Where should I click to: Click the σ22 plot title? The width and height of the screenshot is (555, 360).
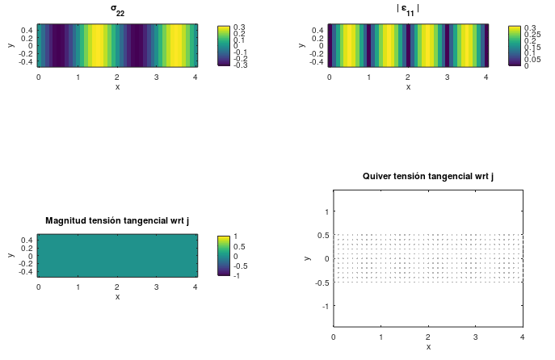pos(117,10)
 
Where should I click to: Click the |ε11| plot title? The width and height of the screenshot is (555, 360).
pos(408,10)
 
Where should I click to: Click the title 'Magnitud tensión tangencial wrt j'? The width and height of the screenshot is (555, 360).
pos(117,220)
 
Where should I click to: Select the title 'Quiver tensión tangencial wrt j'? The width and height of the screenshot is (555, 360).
pos(428,176)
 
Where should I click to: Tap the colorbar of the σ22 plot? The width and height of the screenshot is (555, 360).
pos(224,46)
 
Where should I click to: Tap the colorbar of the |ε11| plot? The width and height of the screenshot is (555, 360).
pos(515,46)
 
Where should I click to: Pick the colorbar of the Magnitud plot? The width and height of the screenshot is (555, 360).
pos(224,256)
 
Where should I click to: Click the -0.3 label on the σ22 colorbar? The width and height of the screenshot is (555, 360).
pos(240,65)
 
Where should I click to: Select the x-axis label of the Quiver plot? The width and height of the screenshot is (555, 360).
pos(428,346)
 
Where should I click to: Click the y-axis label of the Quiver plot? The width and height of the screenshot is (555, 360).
pos(308,257)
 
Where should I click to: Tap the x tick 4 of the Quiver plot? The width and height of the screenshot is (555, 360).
pos(522,335)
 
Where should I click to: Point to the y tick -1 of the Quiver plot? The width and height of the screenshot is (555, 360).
pos(326,307)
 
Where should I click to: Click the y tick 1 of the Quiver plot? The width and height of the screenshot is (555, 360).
pos(327,211)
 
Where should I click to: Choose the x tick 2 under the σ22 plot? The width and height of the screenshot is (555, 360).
pos(117,77)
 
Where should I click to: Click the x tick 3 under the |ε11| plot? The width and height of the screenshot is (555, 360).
pos(447,77)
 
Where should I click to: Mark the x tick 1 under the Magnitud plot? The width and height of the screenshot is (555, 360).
pos(78,287)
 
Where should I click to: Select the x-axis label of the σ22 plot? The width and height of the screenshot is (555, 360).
pos(117,86)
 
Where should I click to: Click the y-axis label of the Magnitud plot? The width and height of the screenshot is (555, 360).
pos(10,255)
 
